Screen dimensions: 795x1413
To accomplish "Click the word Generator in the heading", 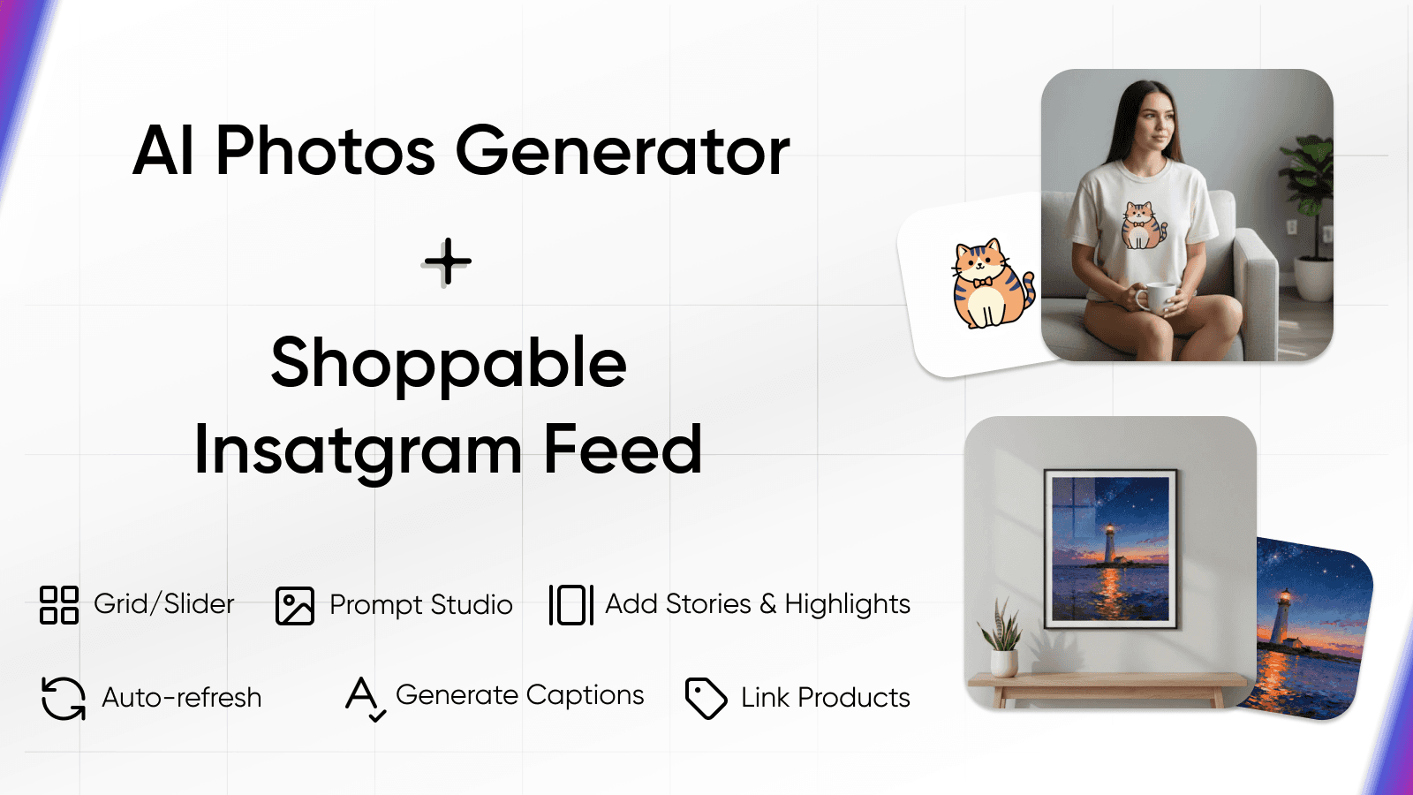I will coord(622,151).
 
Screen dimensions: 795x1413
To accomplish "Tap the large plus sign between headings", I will coord(448,261).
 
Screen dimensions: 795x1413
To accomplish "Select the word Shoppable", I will coord(449,363).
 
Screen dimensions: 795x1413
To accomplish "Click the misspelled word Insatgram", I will coord(359,450).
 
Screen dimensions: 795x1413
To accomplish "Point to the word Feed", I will coord(623,450).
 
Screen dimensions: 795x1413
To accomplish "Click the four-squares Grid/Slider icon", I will coord(59,605).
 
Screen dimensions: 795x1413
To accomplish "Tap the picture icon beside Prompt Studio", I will coord(295,606).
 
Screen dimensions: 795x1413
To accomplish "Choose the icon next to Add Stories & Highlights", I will coord(570,605).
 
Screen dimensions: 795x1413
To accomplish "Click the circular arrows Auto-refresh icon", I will coord(64,698).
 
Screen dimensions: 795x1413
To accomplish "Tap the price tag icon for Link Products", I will coord(706,698).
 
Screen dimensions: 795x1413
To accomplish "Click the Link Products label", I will coord(826,698).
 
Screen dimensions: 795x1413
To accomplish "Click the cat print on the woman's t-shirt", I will coord(1141,225).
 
